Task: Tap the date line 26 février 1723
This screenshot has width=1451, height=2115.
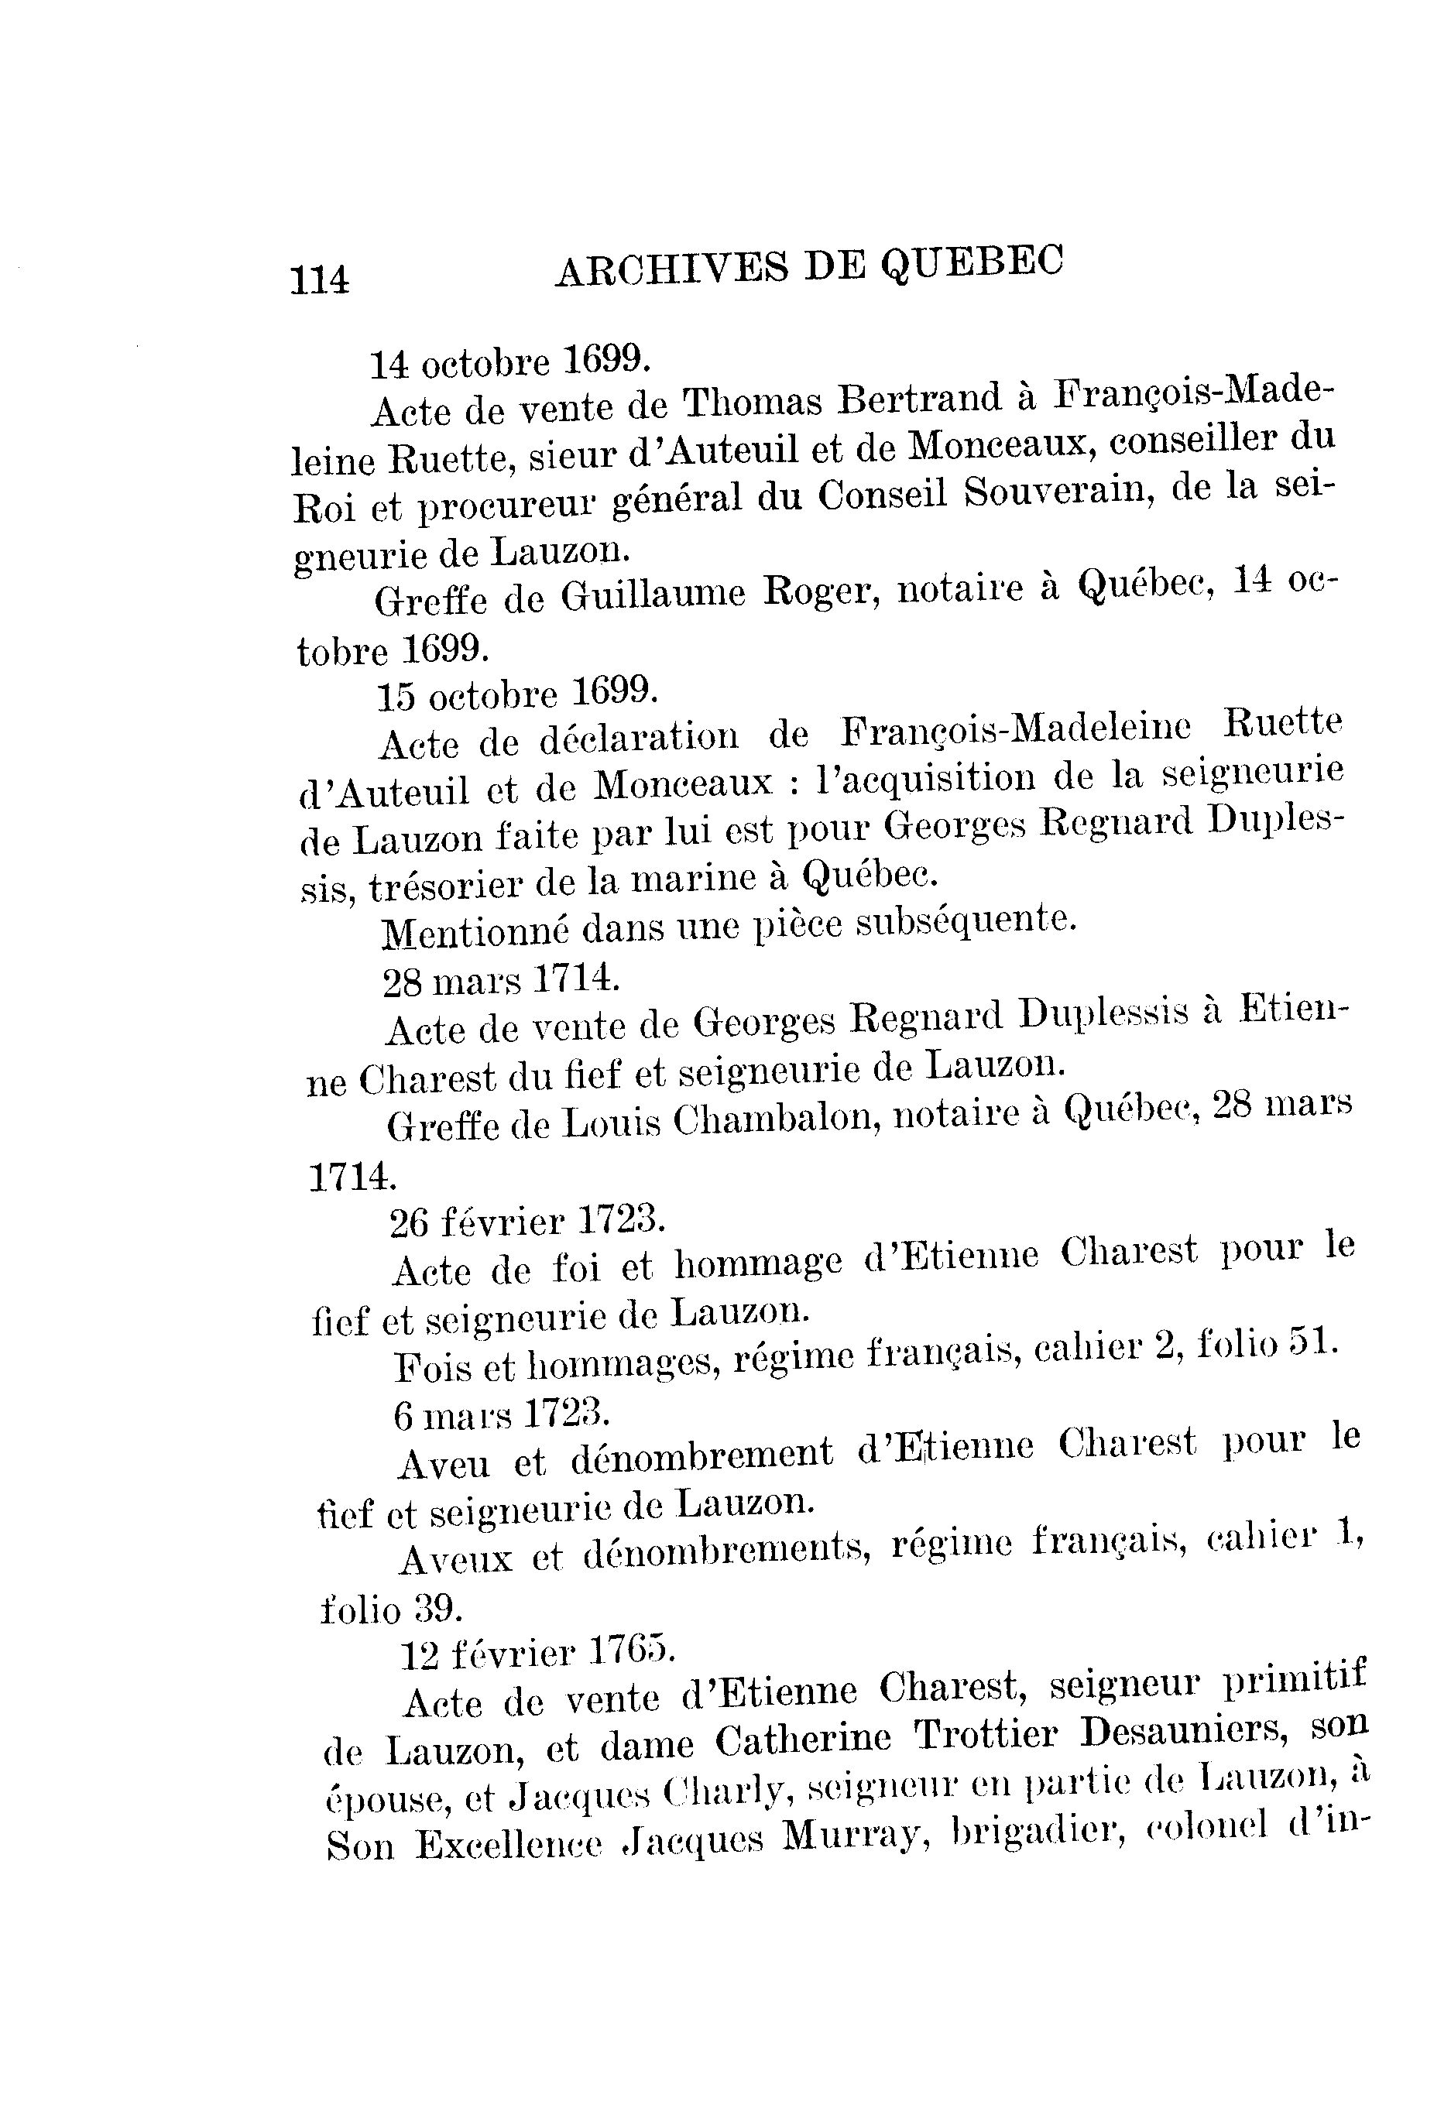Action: click(527, 1222)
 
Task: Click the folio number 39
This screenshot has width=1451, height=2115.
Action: click(439, 1609)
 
